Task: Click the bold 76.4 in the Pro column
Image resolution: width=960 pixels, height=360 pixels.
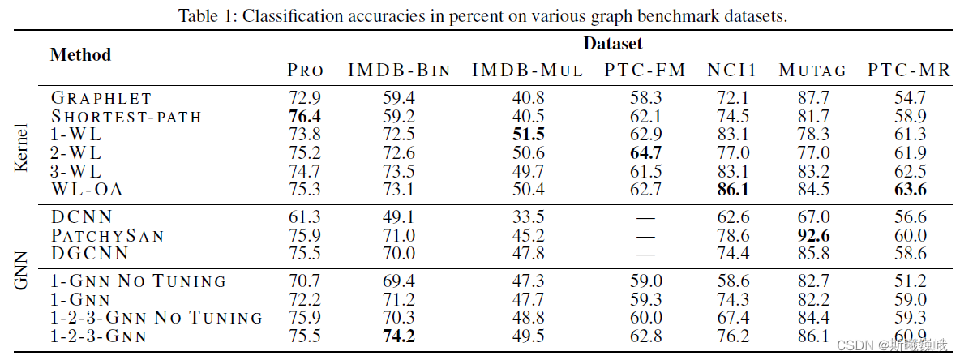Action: [x=305, y=117]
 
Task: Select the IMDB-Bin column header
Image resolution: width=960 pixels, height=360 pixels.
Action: [x=399, y=71]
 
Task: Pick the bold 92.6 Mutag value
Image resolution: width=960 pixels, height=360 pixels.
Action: [x=812, y=236]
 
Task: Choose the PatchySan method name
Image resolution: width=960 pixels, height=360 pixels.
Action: [x=108, y=236]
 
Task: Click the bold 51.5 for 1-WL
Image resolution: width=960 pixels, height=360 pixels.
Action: [x=528, y=135]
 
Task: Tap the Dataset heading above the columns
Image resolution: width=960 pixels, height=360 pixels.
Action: [x=613, y=44]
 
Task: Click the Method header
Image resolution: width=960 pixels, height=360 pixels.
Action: [x=80, y=55]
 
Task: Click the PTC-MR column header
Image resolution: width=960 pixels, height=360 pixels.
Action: [x=909, y=71]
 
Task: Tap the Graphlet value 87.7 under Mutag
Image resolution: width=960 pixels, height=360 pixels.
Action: [x=812, y=98]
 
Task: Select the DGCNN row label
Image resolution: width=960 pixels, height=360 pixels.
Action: [x=89, y=254]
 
